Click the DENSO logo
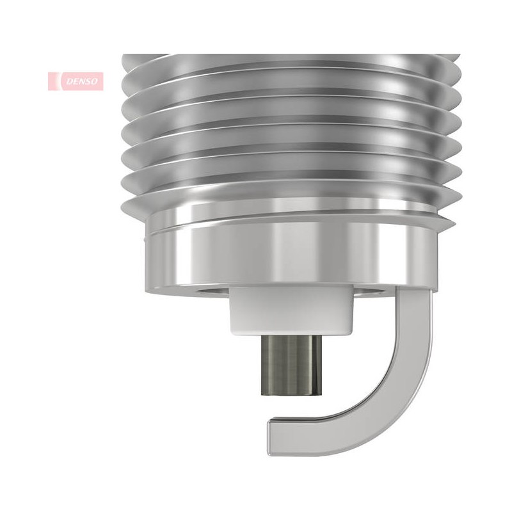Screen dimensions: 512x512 click(x=76, y=81)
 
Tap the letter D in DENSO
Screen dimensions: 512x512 click(x=70, y=81)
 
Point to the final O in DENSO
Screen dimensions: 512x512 click(x=93, y=81)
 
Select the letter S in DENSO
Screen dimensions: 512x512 click(x=88, y=81)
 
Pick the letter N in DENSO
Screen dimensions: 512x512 click(x=82, y=81)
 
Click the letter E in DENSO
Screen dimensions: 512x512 click(x=76, y=81)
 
